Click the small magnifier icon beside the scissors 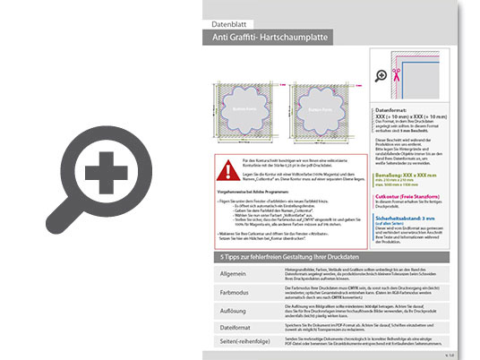point(382,76)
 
